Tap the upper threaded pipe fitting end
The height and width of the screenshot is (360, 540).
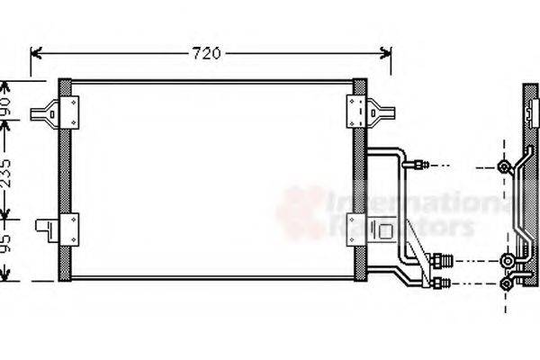click(419, 165)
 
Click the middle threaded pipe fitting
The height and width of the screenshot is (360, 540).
click(440, 262)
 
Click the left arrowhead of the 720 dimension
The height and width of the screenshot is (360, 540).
click(35, 53)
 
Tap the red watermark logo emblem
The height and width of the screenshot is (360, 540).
click(301, 211)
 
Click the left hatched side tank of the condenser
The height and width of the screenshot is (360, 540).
click(65, 180)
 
